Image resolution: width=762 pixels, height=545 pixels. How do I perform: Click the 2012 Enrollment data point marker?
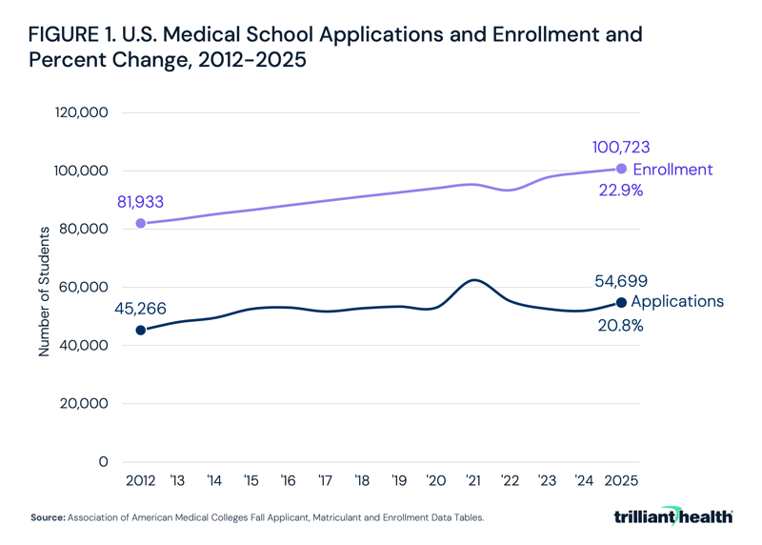pyautogui.click(x=141, y=223)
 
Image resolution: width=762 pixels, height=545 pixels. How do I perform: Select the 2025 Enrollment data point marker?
pyautogui.click(x=621, y=169)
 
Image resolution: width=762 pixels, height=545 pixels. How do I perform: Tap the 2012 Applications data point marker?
pyautogui.click(x=141, y=330)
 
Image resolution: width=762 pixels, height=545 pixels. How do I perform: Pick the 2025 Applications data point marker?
pyautogui.click(x=621, y=302)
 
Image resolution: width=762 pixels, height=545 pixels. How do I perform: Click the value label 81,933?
pyautogui.click(x=142, y=202)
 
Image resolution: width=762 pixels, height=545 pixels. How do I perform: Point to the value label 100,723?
pyautogui.click(x=620, y=148)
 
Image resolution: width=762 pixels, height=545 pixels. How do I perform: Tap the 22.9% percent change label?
pyautogui.click(x=620, y=191)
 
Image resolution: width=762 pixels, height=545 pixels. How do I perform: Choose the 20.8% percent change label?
pyautogui.click(x=620, y=325)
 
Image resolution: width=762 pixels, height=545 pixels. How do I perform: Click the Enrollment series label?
pyautogui.click(x=672, y=170)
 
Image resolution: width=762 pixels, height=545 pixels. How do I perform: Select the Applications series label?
pyautogui.click(x=677, y=302)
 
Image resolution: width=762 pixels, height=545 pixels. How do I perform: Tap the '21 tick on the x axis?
pyautogui.click(x=472, y=481)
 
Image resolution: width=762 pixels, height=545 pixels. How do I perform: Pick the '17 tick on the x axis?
pyautogui.click(x=325, y=481)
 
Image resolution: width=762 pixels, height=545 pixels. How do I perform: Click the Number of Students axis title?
pyautogui.click(x=44, y=291)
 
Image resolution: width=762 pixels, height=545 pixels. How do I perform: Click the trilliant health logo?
pyautogui.click(x=673, y=516)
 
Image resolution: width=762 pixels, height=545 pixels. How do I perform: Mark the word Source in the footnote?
pyautogui.click(x=47, y=518)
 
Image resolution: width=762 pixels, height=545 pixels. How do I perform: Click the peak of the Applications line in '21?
pyautogui.click(x=473, y=280)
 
